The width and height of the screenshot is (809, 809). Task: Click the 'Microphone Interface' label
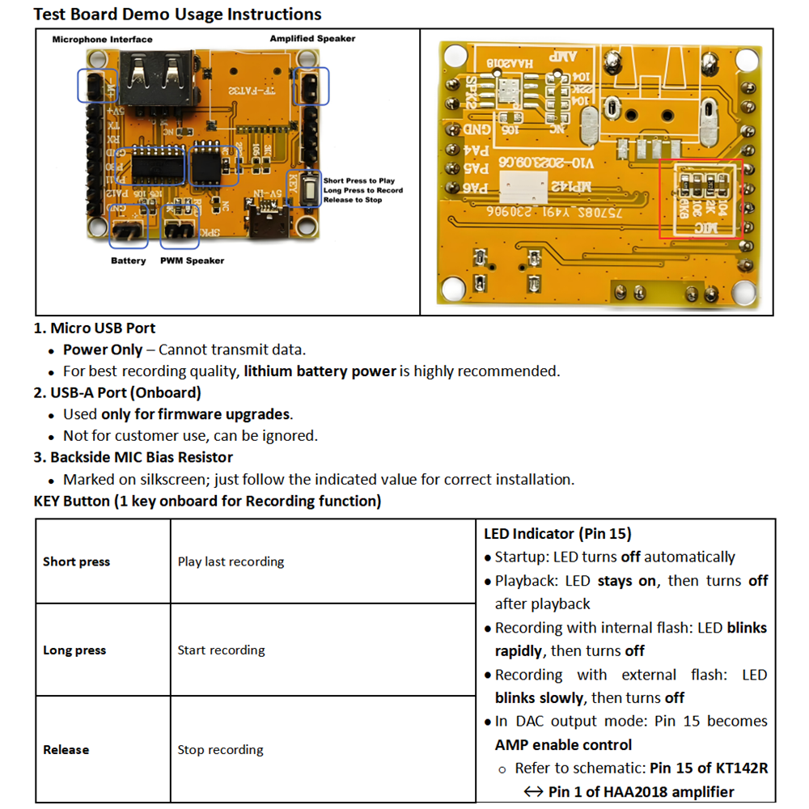[102, 39]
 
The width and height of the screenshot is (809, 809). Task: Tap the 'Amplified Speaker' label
[312, 38]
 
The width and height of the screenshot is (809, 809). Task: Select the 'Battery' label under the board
[129, 260]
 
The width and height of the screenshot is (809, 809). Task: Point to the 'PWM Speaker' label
[192, 260]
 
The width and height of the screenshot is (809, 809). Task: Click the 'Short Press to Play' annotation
[359, 181]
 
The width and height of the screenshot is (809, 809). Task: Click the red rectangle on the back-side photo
[701, 198]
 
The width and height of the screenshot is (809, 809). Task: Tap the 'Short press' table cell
[76, 561]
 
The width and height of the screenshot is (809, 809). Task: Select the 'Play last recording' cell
[231, 561]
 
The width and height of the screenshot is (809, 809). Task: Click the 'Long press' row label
[74, 650]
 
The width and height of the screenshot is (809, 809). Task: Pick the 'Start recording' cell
[221, 650]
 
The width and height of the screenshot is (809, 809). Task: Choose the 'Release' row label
[66, 749]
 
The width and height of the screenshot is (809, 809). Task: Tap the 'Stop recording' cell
[220, 749]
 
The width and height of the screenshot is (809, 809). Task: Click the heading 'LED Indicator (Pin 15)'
[557, 534]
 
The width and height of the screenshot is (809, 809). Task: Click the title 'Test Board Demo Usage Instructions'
[177, 15]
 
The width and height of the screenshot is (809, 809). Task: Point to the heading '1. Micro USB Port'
[94, 328]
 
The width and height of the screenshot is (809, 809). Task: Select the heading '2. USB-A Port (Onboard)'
[117, 392]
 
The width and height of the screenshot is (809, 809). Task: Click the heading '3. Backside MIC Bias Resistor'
[133, 457]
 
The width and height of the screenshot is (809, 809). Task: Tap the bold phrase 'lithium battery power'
[320, 371]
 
